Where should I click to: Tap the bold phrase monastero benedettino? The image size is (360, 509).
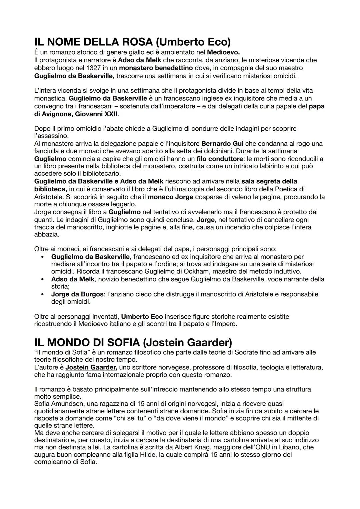[x=156, y=68]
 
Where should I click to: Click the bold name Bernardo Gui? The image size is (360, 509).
[x=222, y=143]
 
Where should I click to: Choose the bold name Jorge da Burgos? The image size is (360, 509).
[x=77, y=294]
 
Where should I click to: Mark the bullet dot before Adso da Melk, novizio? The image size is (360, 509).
[x=42, y=279]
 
